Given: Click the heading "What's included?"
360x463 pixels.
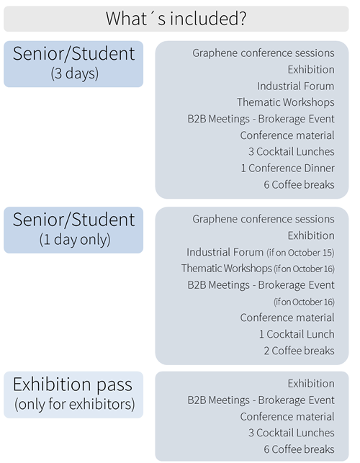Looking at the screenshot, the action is tap(176, 19).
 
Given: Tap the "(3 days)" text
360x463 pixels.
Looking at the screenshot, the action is tap(74, 73).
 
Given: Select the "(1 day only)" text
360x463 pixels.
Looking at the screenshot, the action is tap(75, 240).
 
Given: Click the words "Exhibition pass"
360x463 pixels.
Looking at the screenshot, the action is tap(73, 385).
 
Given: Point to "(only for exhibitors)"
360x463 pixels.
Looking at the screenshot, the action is tap(74, 404).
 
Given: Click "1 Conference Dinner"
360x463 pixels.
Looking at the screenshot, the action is tap(288, 168).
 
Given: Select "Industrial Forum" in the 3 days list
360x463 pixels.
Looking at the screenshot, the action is tap(296, 86).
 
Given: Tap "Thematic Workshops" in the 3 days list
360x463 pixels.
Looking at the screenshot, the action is tap(286, 102).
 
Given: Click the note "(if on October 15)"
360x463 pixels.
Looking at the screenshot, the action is tap(300, 253).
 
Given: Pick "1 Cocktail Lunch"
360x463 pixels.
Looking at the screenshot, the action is tap(297, 334).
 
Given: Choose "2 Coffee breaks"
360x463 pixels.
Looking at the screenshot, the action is tap(300, 351).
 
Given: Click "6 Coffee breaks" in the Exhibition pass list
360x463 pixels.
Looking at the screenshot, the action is tap(300, 449).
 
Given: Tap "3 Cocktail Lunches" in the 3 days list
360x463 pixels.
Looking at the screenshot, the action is tap(292, 152).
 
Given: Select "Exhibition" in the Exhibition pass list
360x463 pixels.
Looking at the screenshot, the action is tap(311, 384).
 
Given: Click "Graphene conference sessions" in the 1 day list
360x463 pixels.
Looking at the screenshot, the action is tap(264, 220).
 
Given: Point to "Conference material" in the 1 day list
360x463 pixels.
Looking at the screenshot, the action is tap(287, 318).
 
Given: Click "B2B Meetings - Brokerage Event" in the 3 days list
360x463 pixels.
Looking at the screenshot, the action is tap(261, 119).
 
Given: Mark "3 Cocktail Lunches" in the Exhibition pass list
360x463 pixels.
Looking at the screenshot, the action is tap(292, 433).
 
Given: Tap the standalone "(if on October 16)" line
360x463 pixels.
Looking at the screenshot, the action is tap(304, 302).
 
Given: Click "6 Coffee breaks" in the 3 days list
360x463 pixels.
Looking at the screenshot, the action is tap(300, 185).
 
